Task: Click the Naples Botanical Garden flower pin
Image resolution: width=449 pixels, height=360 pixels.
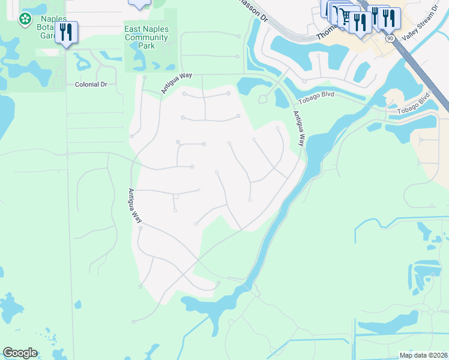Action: [25, 20]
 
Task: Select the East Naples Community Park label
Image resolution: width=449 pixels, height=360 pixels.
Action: [146, 37]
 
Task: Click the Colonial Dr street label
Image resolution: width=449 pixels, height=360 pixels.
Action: [91, 85]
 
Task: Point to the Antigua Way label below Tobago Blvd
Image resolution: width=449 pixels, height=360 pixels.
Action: [299, 128]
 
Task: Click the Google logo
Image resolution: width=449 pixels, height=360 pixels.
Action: [20, 353]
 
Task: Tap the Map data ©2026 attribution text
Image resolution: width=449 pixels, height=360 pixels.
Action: [423, 355]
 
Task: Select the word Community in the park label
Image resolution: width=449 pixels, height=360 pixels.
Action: [146, 37]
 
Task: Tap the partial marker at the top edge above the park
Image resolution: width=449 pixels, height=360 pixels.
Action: [139, 4]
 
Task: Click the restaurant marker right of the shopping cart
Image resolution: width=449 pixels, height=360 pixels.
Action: [360, 24]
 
